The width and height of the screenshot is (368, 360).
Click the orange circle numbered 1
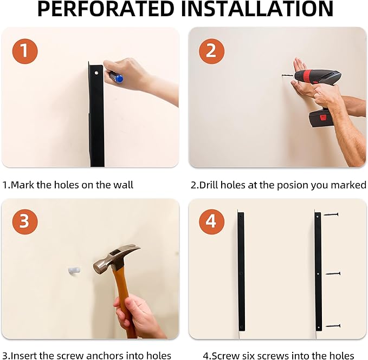(x=25, y=51)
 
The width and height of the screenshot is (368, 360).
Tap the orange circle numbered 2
(x=211, y=51)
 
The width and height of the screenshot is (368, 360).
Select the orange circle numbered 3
(x=25, y=221)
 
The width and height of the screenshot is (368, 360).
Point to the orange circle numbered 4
(x=211, y=221)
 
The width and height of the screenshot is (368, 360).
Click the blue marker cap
(x=119, y=78)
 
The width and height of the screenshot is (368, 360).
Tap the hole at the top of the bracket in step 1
(x=96, y=73)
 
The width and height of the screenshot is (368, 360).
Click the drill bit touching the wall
(x=288, y=76)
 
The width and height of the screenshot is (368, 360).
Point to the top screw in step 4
(x=331, y=214)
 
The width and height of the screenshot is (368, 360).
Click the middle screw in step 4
(x=333, y=273)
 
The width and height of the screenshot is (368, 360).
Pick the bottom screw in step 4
(x=333, y=326)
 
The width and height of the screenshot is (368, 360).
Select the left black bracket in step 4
(x=241, y=271)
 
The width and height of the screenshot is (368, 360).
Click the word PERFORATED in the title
(x=106, y=9)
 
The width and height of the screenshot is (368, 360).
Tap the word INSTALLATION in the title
(x=257, y=9)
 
